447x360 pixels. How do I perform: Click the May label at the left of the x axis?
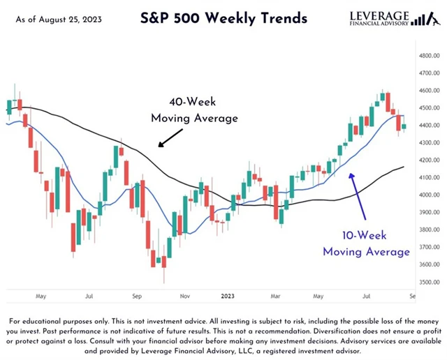click(x=41, y=295)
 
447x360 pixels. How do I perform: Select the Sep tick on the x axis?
click(x=138, y=295)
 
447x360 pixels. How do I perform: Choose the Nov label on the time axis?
click(x=185, y=295)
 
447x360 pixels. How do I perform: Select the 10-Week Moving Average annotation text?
click(x=365, y=243)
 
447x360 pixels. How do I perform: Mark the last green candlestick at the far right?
click(x=404, y=126)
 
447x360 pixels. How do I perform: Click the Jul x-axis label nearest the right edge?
click(x=367, y=295)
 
